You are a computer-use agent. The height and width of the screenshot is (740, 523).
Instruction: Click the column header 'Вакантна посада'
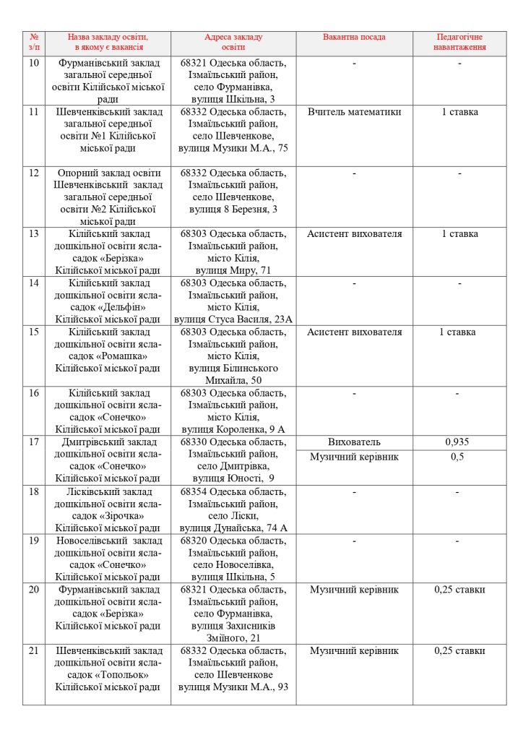(354, 37)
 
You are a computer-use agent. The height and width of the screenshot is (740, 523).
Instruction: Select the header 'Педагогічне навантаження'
(459, 42)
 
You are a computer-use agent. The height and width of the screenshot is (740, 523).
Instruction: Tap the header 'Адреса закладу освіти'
(233, 42)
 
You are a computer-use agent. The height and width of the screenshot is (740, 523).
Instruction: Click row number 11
(34, 112)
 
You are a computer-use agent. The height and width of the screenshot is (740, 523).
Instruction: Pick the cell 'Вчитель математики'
(354, 112)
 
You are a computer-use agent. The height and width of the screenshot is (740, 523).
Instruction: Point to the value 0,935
(459, 442)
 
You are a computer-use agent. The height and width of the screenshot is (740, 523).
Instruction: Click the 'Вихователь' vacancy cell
(354, 442)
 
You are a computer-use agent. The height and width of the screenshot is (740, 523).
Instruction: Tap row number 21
(34, 650)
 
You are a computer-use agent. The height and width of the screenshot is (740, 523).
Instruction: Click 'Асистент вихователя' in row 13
(354, 233)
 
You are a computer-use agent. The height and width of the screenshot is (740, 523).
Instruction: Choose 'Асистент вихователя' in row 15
(354, 332)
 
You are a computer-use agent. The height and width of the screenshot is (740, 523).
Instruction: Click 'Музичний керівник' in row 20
(354, 590)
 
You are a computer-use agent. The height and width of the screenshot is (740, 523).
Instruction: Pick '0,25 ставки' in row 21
(459, 650)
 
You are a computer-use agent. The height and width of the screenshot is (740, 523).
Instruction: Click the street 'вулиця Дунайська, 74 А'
(233, 528)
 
